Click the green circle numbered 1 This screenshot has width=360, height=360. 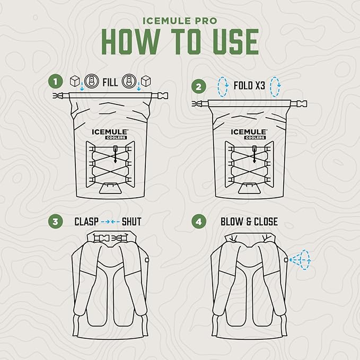(55, 82)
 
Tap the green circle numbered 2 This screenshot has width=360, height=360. (199, 86)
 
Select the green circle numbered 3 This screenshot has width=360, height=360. (55, 222)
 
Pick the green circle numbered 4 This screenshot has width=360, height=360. (199, 222)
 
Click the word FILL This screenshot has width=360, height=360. (110, 82)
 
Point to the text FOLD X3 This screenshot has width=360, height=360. (249, 86)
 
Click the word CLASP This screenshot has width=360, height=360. (86, 222)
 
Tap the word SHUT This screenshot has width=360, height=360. (131, 222)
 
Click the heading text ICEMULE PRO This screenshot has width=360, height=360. (180, 21)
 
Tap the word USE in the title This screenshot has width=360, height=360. (236, 41)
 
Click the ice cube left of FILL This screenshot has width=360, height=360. (75, 81)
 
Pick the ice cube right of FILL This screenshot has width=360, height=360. (146, 81)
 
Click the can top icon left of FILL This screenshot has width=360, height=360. (91, 81)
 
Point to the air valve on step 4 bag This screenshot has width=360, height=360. (286, 260)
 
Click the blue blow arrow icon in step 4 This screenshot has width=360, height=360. (300, 260)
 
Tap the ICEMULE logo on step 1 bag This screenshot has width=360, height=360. (110, 132)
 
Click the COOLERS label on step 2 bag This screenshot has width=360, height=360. (255, 137)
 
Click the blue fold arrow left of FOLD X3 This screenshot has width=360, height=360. (223, 87)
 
